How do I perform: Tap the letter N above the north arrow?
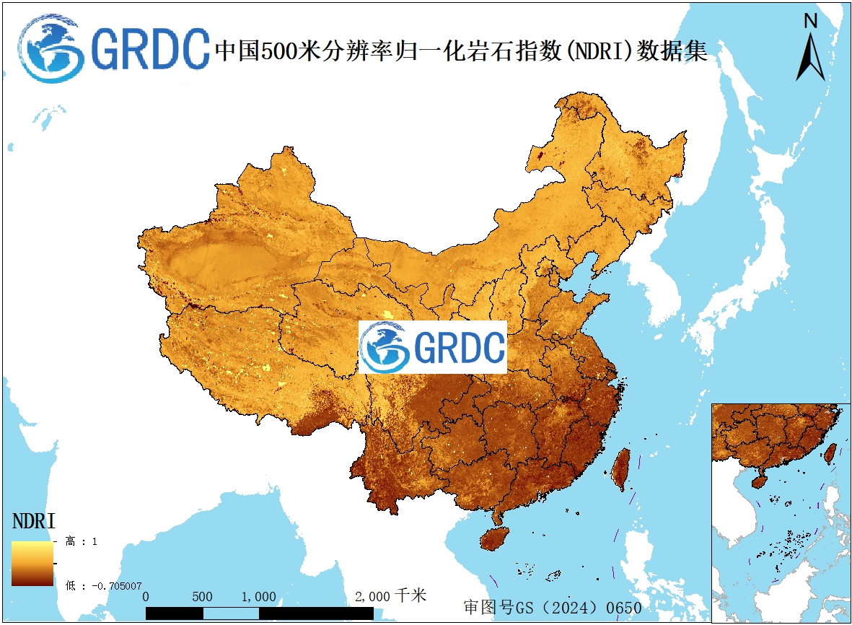811,22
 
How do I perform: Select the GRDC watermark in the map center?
432,348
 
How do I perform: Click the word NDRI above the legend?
34,521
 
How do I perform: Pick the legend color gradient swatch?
32,564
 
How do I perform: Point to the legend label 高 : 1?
82,541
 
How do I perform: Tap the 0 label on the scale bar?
146,597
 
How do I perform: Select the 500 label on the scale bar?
203,597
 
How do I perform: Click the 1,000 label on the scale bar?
258,597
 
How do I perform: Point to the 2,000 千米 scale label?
390,596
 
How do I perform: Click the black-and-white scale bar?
260,613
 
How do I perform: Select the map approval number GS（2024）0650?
552,607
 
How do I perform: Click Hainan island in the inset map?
760,481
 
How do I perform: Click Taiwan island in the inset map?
830,453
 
